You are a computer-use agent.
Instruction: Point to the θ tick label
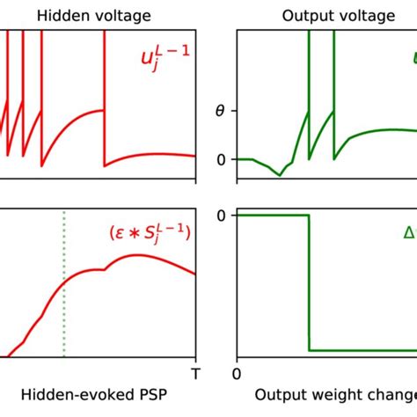pyautogui.click(x=220, y=112)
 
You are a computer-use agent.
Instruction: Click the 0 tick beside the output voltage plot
pyautogui.click(x=221, y=159)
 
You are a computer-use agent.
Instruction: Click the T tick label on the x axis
pyautogui.click(x=195, y=373)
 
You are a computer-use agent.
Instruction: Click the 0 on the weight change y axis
pyautogui.click(x=221, y=216)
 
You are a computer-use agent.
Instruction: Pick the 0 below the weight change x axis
pyautogui.click(x=236, y=373)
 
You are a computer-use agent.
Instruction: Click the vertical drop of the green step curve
pyautogui.click(x=309, y=282)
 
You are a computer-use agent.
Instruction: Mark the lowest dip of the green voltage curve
pyautogui.click(x=281, y=175)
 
